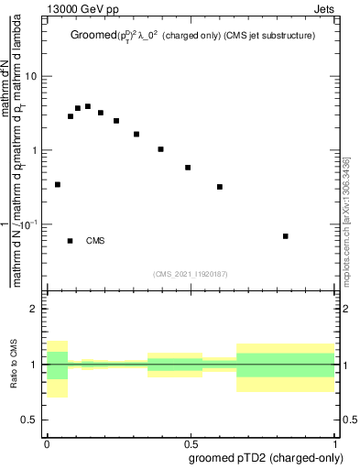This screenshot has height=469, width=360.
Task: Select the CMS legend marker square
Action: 71,241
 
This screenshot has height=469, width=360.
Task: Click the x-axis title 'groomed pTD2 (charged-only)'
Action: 266,457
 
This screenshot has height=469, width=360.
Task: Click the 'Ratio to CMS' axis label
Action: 14,365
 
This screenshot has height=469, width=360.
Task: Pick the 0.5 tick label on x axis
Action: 192,442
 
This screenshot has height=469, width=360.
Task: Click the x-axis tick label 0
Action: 47,442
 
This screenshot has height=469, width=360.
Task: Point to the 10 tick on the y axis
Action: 31,76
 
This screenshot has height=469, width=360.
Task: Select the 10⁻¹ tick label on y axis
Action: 28,224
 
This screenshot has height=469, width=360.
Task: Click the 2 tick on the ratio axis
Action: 35,310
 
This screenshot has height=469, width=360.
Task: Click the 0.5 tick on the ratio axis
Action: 30,420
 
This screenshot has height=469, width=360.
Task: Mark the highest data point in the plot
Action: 88,106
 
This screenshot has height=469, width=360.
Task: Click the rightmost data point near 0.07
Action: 286,236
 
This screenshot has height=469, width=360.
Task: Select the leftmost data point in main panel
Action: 58,184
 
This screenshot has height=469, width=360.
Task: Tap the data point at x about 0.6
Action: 220,187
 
